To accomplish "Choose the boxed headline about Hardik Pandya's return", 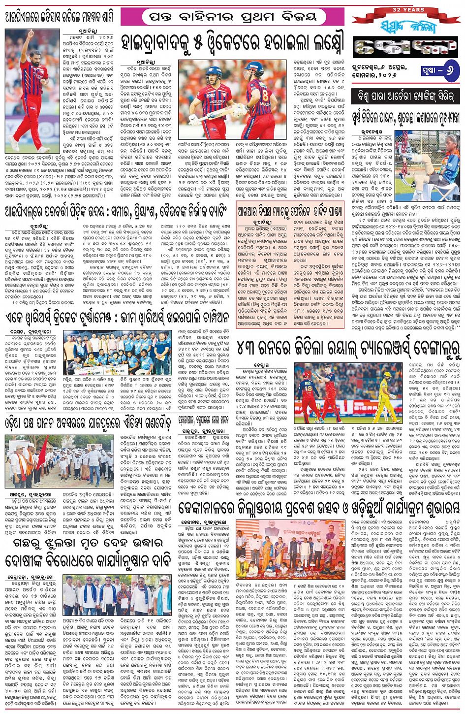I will (x=289, y=208).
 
